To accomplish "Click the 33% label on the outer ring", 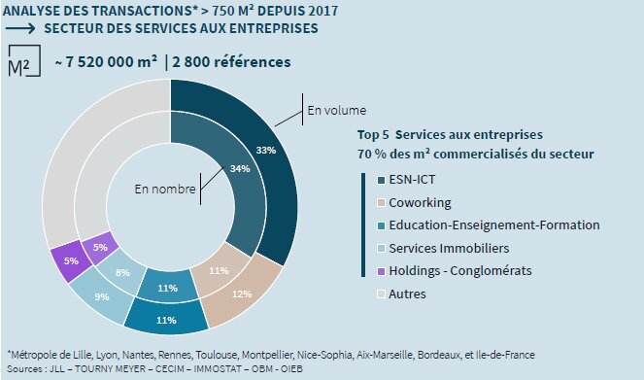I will click(265, 151).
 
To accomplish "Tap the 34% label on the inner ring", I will click(241, 168).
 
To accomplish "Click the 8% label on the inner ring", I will click(123, 274).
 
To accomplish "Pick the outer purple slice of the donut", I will click(70, 262).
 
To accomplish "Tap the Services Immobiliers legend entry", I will click(450, 248).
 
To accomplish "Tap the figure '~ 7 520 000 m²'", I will click(106, 63).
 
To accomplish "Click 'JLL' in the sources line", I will click(57, 368).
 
